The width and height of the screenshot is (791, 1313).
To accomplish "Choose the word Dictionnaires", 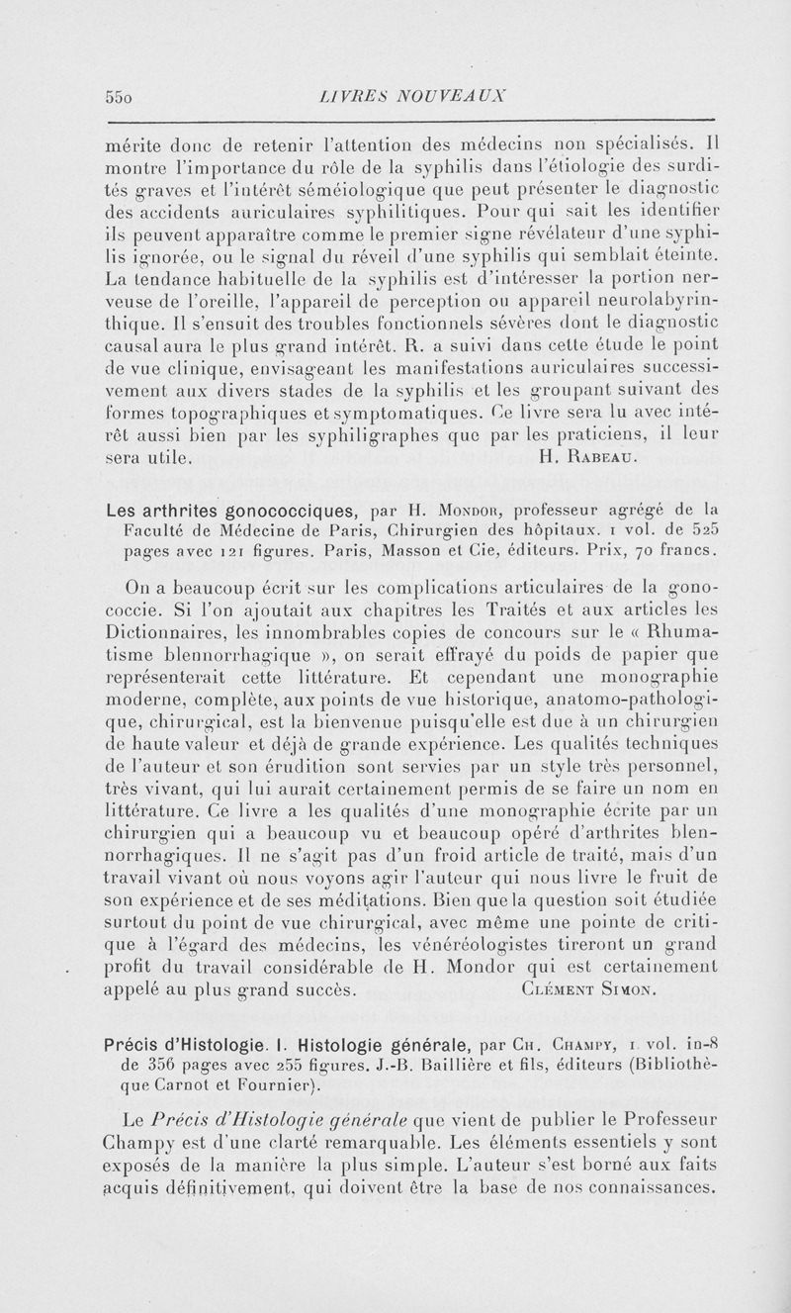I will pos(172,631).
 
